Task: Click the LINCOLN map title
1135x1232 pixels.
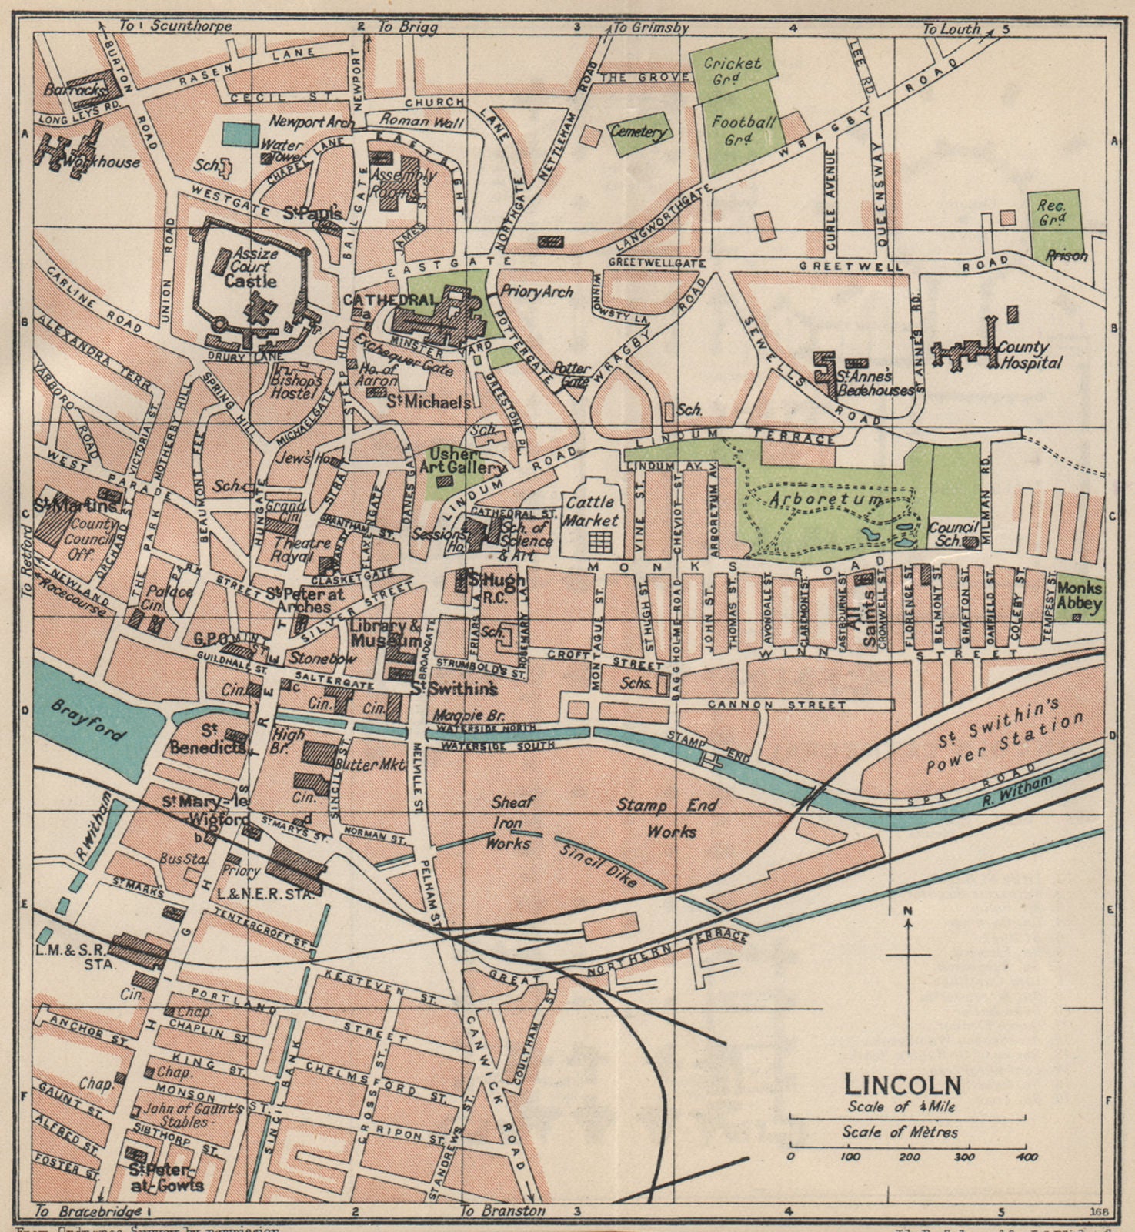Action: [903, 1084]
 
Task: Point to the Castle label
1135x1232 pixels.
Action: [251, 282]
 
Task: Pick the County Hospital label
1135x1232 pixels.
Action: [1030, 355]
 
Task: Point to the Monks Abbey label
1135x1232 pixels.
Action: [1079, 596]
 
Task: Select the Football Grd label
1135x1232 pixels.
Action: [743, 130]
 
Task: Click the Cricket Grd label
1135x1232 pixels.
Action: [733, 71]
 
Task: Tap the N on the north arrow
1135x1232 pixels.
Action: [908, 913]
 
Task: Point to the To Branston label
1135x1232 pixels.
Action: [502, 1210]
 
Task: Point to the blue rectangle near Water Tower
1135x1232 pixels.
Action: [241, 134]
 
